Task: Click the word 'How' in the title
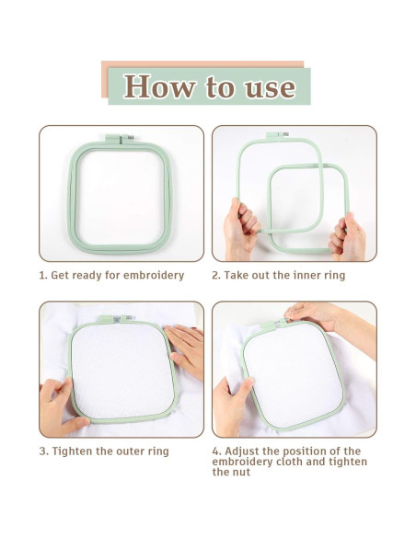(x=160, y=86)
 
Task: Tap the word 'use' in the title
(x=270, y=88)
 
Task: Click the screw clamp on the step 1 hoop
(x=120, y=139)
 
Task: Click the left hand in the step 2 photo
(x=241, y=228)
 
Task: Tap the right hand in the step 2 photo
(x=347, y=237)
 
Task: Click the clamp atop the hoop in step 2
(x=278, y=134)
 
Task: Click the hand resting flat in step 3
(x=185, y=349)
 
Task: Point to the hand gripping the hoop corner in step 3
(x=61, y=407)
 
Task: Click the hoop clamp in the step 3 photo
(x=115, y=319)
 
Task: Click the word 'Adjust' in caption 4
(x=242, y=451)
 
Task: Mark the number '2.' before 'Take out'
(x=216, y=275)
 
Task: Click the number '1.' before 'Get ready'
(x=43, y=275)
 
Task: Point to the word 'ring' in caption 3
(x=158, y=452)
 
